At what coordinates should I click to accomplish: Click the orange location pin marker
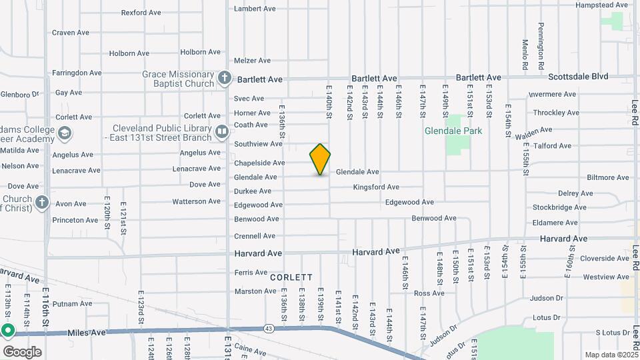tap(320, 159)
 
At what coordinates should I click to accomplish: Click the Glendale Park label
tap(453, 131)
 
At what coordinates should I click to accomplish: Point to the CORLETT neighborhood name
tap(291, 277)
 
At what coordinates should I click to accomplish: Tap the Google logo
tap(22, 351)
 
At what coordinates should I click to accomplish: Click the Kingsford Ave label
tap(376, 187)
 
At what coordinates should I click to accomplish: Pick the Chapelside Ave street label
tap(259, 163)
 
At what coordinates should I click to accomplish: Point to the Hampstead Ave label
tap(601, 5)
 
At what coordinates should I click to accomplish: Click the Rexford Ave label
tap(141, 12)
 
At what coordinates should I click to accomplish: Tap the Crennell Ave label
tap(255, 236)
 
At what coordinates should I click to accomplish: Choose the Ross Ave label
tap(429, 293)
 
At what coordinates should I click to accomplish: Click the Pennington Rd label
tap(542, 40)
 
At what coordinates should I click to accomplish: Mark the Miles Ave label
tap(87, 332)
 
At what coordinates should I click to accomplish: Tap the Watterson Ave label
tap(196, 201)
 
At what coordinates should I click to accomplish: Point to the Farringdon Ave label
tap(77, 73)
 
